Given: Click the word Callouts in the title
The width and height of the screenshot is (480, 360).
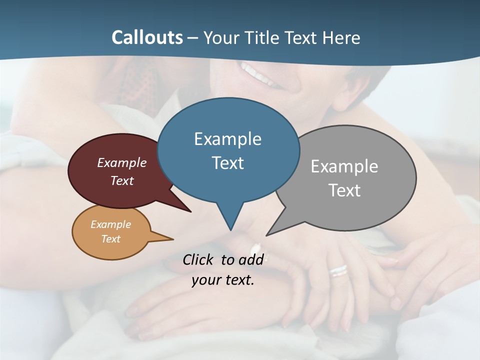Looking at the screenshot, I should (x=147, y=37).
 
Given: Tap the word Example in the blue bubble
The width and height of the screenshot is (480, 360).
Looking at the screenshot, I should (x=227, y=139).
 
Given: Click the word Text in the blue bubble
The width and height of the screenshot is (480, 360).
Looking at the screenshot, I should (x=227, y=163).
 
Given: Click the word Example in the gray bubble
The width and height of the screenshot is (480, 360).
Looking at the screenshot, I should (x=344, y=166).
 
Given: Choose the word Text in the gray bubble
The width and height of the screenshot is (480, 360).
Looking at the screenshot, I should (x=344, y=190).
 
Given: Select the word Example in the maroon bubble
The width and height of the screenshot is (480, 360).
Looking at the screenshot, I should (x=122, y=163).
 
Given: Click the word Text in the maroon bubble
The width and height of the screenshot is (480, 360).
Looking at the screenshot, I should (x=122, y=181).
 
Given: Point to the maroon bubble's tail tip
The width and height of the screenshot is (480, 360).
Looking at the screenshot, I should (x=190, y=211).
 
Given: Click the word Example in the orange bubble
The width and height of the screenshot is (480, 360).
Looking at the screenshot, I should (x=111, y=224).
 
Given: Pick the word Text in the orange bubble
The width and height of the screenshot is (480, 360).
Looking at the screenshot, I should (x=111, y=239).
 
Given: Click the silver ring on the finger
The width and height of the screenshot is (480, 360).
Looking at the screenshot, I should (x=338, y=270).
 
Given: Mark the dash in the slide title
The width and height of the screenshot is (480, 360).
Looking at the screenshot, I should (x=193, y=38).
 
